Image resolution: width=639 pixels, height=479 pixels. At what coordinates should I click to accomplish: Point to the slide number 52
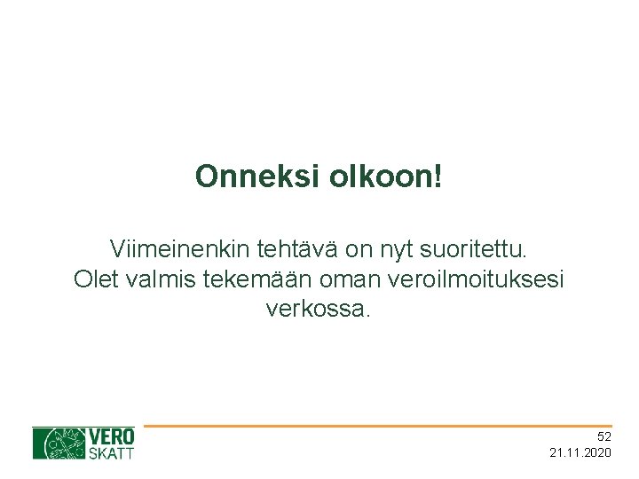click(x=603, y=436)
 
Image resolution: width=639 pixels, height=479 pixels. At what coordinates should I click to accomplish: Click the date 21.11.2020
click(x=580, y=453)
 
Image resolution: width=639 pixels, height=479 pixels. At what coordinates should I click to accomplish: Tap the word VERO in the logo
click(x=112, y=436)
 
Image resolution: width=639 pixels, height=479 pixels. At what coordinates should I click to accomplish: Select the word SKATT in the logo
click(x=112, y=453)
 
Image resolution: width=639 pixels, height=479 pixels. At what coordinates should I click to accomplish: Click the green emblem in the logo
click(x=59, y=444)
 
